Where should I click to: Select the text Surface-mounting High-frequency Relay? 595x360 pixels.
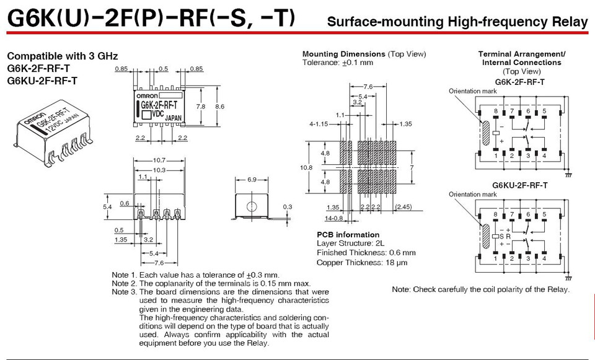(x=457, y=22)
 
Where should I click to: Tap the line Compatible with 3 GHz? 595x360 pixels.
(x=62, y=56)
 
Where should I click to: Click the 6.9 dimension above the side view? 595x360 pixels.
(x=252, y=180)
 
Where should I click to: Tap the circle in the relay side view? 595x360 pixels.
(x=252, y=205)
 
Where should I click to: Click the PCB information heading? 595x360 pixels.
(x=348, y=235)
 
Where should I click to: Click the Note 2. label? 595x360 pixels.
(x=123, y=283)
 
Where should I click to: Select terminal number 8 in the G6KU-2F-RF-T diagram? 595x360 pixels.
(x=496, y=214)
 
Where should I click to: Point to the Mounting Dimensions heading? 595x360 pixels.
(x=344, y=54)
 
